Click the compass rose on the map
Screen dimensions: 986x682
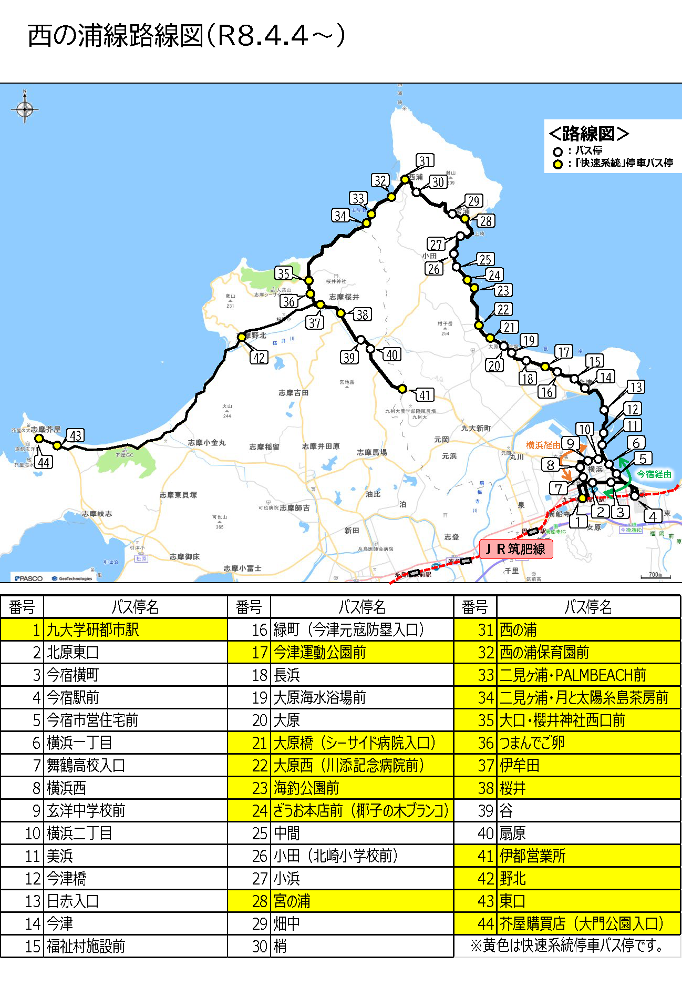(24, 109)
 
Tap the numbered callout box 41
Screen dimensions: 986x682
(425, 395)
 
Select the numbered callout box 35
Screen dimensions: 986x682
(284, 273)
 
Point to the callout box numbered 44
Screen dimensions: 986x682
(44, 462)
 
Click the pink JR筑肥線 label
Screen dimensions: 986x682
(516, 549)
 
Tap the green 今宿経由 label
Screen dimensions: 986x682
(654, 474)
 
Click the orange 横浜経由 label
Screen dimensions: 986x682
(543, 445)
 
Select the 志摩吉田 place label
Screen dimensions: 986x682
(294, 393)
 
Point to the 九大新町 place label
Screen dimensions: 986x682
(476, 428)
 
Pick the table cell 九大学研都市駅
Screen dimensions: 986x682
(93, 629)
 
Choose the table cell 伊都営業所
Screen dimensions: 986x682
(533, 856)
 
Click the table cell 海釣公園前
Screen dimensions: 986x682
(306, 788)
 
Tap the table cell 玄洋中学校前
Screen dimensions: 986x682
(86, 810)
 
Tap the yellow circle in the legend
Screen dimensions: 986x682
(557, 164)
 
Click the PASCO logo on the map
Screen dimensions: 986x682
(29, 578)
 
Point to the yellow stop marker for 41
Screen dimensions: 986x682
(402, 389)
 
